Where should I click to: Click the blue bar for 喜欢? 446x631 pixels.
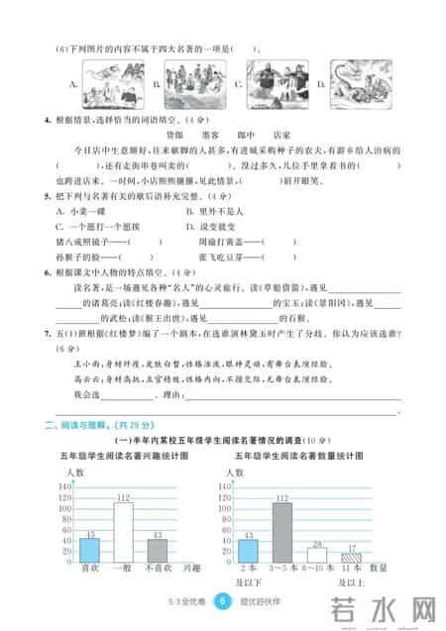pyautogui.click(x=88, y=548)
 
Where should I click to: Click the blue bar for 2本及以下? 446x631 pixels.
pyautogui.click(x=247, y=549)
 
